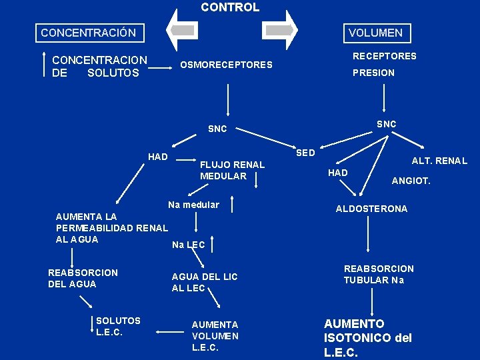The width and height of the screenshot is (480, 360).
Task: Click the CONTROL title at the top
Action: point(230,7)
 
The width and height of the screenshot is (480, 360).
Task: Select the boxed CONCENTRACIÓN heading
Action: point(88,33)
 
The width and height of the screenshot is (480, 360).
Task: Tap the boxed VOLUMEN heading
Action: point(375,33)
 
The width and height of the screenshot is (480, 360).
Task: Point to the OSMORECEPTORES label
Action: point(226,65)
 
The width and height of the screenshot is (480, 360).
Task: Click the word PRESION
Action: point(373,73)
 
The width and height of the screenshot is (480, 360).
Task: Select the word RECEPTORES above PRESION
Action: point(384,56)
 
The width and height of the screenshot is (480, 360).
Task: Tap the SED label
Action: point(305,153)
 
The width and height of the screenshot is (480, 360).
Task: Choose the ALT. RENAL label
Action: point(439,161)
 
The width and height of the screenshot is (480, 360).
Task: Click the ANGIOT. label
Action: point(411,180)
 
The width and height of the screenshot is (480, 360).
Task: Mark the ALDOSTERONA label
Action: point(371,209)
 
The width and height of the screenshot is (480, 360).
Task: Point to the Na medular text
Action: point(193,205)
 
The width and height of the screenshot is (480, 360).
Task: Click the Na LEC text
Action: point(188,245)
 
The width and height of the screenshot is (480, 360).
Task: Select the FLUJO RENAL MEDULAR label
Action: point(232,170)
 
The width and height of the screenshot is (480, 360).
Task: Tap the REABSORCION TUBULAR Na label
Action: point(378,274)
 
